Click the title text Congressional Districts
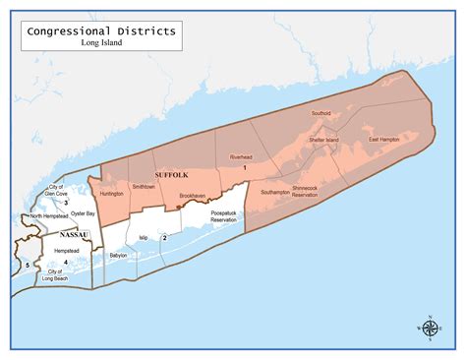pyautogui.click(x=102, y=30)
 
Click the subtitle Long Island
pyautogui.click(x=102, y=42)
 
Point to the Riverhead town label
pyautogui.click(x=241, y=157)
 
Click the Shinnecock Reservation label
pyautogui.click(x=306, y=191)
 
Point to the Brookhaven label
pyautogui.click(x=193, y=196)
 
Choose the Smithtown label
pyautogui.click(x=144, y=186)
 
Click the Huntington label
pyautogui.click(x=111, y=194)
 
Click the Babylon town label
pyautogui.click(x=118, y=255)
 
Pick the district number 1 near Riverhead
pyautogui.click(x=243, y=167)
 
